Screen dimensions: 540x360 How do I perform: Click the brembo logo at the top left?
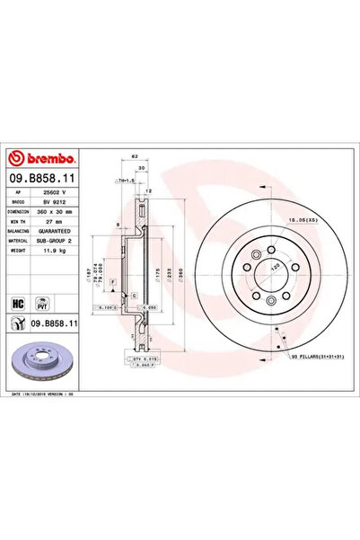coord(45,154)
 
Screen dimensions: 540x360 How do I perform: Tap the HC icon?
coord(18,304)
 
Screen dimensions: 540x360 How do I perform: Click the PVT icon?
coord(41,304)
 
